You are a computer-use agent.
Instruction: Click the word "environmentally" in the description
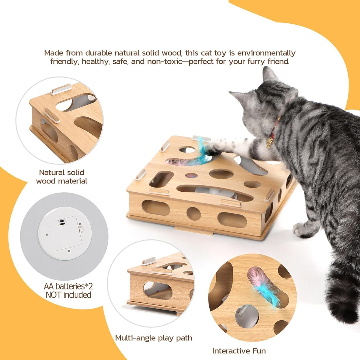point(266,53)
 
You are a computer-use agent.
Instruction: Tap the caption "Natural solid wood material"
point(62,176)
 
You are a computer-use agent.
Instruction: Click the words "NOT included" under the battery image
point(68,295)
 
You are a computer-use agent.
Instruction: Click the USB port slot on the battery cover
point(61,223)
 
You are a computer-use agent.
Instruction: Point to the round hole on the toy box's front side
point(193,214)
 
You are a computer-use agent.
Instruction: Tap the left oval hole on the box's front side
point(156,208)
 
